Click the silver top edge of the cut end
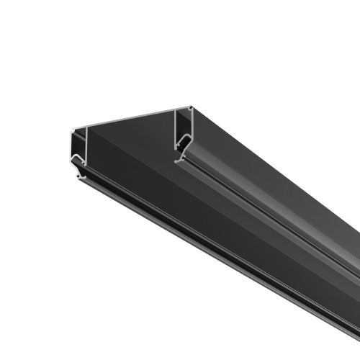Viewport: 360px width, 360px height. click(130, 119)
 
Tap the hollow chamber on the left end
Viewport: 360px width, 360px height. click(78, 144)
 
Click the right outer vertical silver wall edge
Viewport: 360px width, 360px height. click(193, 122)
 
